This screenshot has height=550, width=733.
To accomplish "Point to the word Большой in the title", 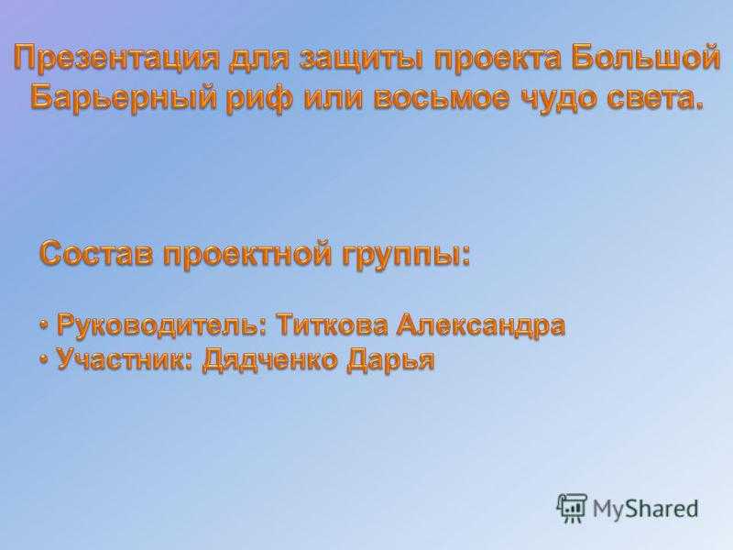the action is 646,58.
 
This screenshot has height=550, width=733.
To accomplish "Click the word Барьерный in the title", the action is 124,99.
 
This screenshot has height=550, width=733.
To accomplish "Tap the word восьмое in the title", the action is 441,99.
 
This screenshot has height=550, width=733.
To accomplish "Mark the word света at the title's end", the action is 649,99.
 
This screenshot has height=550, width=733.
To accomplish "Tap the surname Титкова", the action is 331,324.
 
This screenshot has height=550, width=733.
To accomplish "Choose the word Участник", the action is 121,359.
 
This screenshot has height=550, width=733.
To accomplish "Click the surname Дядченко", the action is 269,360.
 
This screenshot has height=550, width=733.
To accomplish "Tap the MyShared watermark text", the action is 646,509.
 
